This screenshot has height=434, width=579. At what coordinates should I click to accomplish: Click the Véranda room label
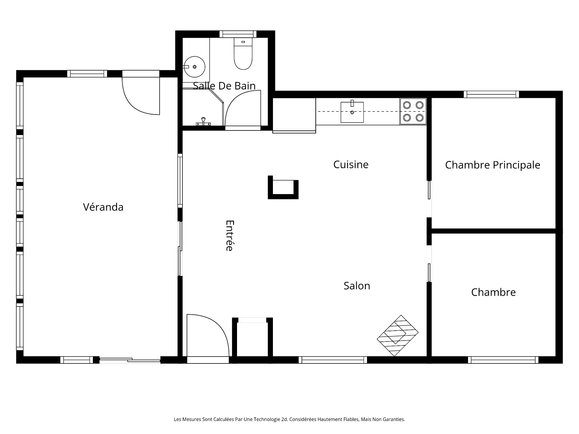pyautogui.click(x=103, y=207)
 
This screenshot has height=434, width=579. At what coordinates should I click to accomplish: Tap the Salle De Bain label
pyautogui.click(x=224, y=86)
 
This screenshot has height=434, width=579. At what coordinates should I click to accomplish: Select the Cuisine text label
pyautogui.click(x=351, y=165)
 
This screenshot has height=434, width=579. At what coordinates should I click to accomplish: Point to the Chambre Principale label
pyautogui.click(x=492, y=165)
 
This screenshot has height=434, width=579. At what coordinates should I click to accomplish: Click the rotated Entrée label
pyautogui.click(x=230, y=235)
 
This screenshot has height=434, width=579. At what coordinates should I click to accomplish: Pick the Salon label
pyautogui.click(x=357, y=286)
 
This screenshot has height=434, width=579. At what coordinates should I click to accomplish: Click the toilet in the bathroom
pyautogui.click(x=243, y=54)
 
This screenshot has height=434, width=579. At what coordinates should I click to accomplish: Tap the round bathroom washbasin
pyautogui.click(x=195, y=67)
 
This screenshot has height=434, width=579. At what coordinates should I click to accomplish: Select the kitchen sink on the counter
pyautogui.click(x=352, y=112)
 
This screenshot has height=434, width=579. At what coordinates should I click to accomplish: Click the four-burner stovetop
pyautogui.click(x=413, y=111)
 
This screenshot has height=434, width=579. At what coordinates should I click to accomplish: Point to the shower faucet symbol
pyautogui.click(x=204, y=121)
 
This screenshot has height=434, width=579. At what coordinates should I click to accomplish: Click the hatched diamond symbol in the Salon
pyautogui.click(x=397, y=335)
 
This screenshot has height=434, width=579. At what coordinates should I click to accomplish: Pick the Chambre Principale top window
pyautogui.click(x=491, y=94)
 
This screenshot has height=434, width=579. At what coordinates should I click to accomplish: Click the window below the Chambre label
pyautogui.click(x=503, y=360)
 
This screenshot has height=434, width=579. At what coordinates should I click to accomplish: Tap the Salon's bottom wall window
pyautogui.click(x=333, y=360)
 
